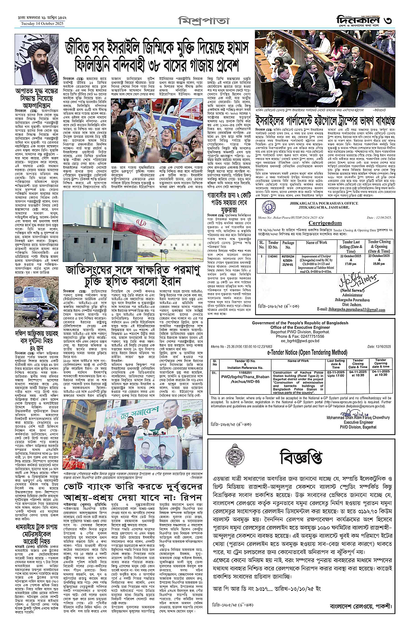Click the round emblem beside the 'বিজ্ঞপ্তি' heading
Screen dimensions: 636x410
[x=234, y=455]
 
